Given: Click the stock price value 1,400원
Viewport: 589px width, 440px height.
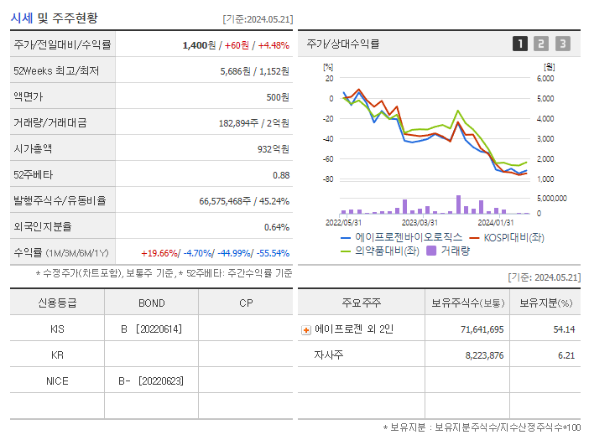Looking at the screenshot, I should (x=198, y=44).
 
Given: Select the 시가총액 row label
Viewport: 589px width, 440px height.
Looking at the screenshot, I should (x=33, y=148).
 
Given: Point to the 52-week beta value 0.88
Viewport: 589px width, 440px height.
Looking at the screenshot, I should (x=280, y=174).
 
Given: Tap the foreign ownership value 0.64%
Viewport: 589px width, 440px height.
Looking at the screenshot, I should (x=276, y=226).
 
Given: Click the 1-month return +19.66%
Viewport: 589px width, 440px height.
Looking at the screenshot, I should (x=159, y=252).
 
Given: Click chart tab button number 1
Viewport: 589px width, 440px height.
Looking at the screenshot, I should (x=520, y=44).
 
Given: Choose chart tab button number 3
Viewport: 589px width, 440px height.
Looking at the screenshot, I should (x=562, y=44).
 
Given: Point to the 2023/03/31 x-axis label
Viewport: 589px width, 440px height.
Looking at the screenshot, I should (x=420, y=222).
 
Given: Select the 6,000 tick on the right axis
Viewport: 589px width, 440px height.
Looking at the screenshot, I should (x=545, y=78).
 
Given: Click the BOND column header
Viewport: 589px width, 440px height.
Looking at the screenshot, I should (x=151, y=303).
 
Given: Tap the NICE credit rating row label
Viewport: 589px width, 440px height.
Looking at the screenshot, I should (x=57, y=380).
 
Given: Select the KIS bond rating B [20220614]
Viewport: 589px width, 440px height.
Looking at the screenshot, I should (x=151, y=329).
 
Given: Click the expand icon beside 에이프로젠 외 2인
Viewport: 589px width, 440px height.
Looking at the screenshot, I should (x=306, y=330).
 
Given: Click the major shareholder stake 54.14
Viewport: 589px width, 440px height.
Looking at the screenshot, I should (x=564, y=329).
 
